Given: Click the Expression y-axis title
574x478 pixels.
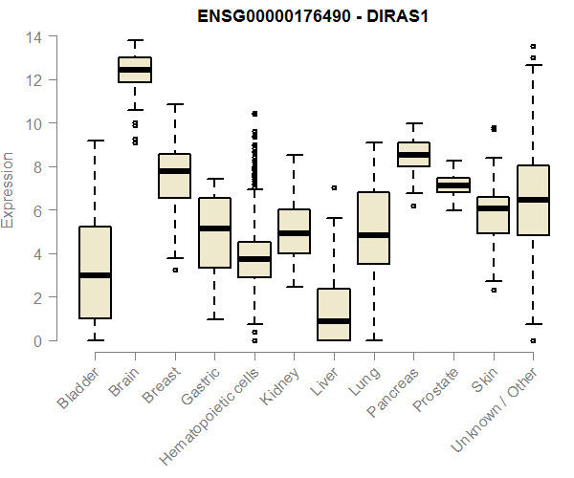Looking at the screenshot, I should coord(10,189).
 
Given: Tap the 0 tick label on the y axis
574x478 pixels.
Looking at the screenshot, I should coord(37,340).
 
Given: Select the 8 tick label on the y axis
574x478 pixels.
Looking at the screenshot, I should coord(37,167).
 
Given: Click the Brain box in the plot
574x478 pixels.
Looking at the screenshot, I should coord(134,70).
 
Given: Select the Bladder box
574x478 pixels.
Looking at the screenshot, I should coord(95,272).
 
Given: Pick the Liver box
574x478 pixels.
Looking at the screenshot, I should coord(334,315).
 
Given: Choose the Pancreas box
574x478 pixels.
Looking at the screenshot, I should coord(413,154).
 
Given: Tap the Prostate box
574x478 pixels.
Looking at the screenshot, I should coord(453,185).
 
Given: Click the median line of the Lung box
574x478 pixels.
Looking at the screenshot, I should coord(373,235).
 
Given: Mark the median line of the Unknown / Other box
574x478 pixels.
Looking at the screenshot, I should coord(533,200).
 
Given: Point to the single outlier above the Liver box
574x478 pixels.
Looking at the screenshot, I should coord(334,188).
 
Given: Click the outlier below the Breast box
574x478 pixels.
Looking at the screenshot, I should coord(174,270).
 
